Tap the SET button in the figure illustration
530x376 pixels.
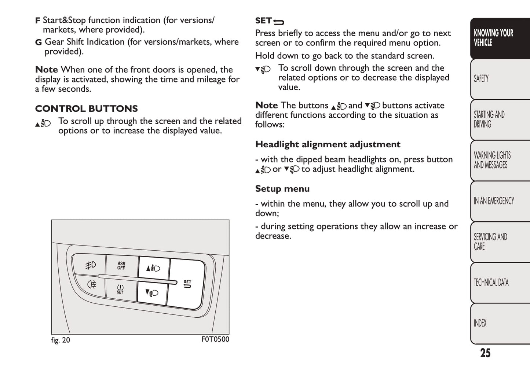pyautogui.click(x=187, y=284)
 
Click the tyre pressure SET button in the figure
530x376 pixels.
pyautogui.click(x=120, y=289)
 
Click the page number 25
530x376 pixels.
pyautogui.click(x=485, y=353)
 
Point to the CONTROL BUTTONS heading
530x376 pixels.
pyautogui.click(x=87, y=109)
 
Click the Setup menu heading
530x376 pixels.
pyautogui.click(x=282, y=189)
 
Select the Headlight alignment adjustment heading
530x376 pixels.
pyautogui.click(x=328, y=144)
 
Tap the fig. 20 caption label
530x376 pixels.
pyautogui.click(x=61, y=340)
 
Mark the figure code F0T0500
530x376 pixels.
pyautogui.click(x=215, y=339)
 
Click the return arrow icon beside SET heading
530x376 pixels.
pyautogui.click(x=279, y=22)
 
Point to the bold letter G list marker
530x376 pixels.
pyautogui.click(x=38, y=43)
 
